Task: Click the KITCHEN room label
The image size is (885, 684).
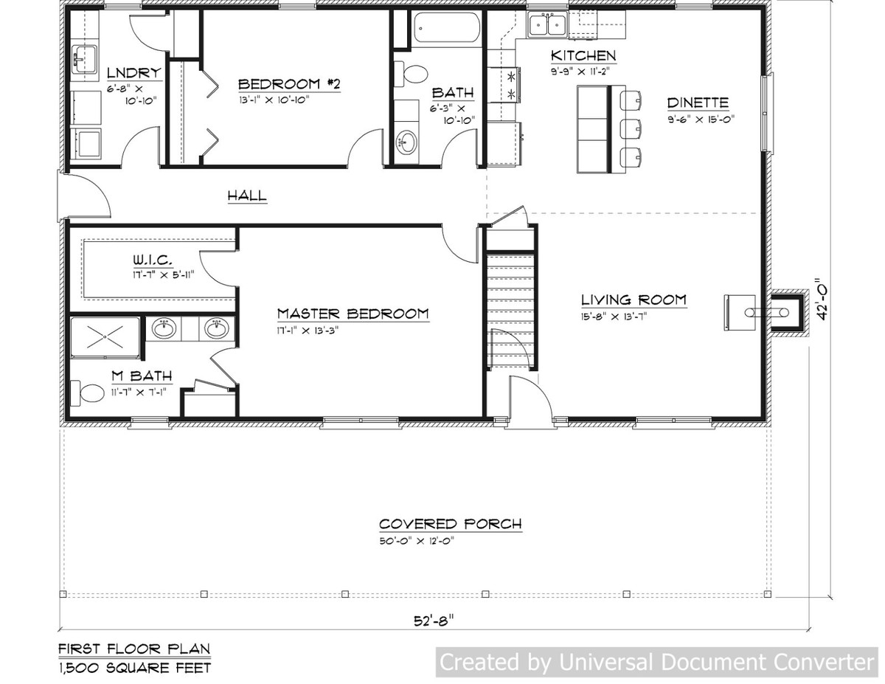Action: point(583,56)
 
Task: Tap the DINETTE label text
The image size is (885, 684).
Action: point(698,103)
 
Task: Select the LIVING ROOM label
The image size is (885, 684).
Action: point(634,300)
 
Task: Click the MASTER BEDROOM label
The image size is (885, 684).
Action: point(353,314)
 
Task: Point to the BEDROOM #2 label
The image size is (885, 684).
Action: point(289,83)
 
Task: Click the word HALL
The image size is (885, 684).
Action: point(246,196)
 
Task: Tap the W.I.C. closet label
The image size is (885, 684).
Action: point(153,260)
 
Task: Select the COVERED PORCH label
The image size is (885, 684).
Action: point(450,524)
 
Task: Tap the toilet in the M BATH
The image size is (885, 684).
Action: point(88,393)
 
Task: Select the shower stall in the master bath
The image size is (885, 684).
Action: point(105,336)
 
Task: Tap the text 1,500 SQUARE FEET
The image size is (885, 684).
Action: point(134,668)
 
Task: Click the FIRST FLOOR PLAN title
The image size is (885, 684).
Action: point(134,649)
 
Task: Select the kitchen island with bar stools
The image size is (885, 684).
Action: point(594,128)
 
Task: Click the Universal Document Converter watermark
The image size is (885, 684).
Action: point(656,662)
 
